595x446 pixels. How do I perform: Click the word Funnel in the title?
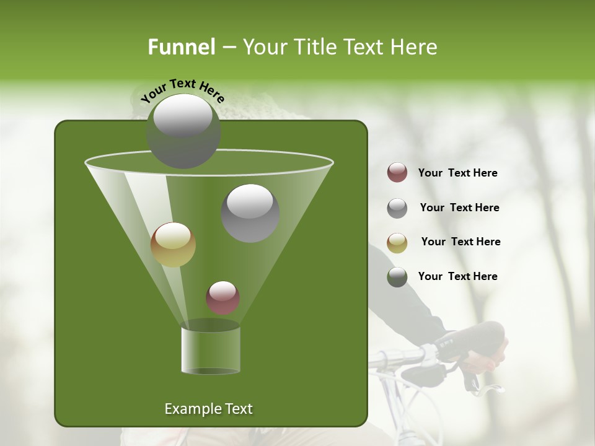[x=181, y=47]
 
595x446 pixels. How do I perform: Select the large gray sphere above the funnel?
[x=183, y=131]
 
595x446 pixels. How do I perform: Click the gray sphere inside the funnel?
[x=250, y=213]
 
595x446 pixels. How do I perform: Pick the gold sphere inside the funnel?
[x=173, y=245]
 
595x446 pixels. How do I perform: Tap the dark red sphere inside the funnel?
[x=223, y=297]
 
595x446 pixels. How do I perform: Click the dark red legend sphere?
[x=397, y=173]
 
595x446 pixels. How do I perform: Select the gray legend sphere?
[x=397, y=208]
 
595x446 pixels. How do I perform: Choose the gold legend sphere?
[x=397, y=242]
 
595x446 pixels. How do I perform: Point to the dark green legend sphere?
[x=397, y=277]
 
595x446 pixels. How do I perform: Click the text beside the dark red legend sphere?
[x=457, y=173]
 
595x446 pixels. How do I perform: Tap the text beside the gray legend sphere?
[x=459, y=208]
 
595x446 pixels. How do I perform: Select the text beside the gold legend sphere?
[x=461, y=242]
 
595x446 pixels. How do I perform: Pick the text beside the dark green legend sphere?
[x=457, y=277]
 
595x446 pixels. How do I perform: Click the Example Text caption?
[x=208, y=409]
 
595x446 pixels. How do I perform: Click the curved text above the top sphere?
[x=183, y=91]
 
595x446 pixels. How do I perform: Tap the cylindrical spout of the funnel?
[x=210, y=350]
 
